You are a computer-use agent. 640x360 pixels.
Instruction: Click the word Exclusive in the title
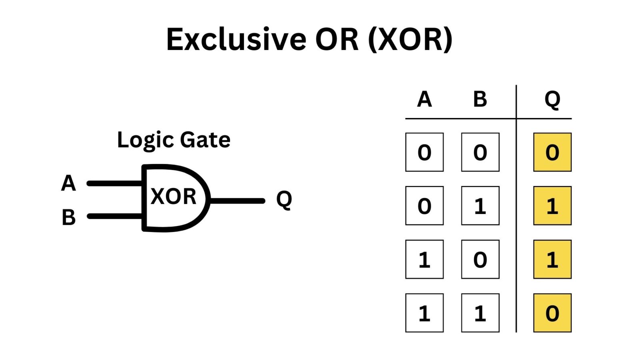(x=236, y=39)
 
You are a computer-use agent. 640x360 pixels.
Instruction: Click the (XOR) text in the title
(x=410, y=40)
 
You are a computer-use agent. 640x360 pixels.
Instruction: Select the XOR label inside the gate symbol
(x=174, y=196)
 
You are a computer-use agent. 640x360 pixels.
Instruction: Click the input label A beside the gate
(x=68, y=183)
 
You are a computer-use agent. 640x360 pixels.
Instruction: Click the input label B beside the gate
(x=68, y=217)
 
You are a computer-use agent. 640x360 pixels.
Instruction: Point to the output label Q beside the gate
(x=284, y=200)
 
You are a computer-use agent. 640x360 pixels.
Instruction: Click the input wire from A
(x=115, y=184)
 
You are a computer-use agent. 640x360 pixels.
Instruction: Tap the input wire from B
(x=115, y=216)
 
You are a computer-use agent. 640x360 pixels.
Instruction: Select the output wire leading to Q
(x=237, y=201)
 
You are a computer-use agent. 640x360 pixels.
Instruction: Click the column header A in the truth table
(x=424, y=100)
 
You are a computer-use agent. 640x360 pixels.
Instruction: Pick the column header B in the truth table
(x=480, y=100)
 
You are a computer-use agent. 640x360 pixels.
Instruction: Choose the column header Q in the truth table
(x=552, y=100)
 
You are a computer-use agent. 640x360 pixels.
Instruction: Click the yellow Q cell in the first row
(x=552, y=152)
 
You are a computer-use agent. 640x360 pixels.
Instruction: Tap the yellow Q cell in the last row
(x=552, y=313)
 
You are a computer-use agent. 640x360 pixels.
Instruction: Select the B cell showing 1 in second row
(x=480, y=206)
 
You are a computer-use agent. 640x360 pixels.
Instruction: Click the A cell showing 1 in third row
(x=424, y=259)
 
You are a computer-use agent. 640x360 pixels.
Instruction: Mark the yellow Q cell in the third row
(x=552, y=259)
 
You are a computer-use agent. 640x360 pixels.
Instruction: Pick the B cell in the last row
(x=480, y=313)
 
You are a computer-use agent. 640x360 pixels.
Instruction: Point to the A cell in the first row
(x=424, y=152)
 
